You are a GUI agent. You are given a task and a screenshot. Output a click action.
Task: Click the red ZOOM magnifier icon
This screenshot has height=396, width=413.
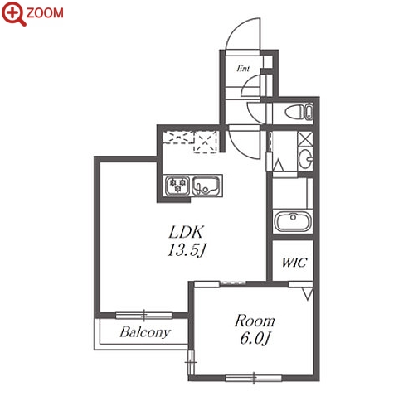coord(13,13)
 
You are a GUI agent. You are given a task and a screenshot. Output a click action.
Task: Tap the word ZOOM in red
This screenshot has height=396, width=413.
coord(45,13)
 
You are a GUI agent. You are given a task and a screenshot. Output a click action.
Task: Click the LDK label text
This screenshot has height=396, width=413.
coord(187,232)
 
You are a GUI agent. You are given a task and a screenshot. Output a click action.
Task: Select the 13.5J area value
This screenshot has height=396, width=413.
coord(187,251)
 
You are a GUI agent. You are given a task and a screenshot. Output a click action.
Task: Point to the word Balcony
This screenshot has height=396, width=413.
coord(145,332)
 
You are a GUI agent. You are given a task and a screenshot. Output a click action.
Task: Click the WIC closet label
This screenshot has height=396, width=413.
coord(294,262)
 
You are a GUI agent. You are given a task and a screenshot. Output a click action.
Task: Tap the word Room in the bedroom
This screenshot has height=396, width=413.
coord(255,321)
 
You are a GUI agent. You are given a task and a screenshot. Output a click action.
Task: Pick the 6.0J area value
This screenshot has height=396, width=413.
coord(255,338)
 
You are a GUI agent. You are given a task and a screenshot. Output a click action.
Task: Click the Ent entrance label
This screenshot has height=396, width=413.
coord(243,68)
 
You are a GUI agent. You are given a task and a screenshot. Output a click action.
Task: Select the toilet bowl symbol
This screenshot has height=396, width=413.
coord(294,112)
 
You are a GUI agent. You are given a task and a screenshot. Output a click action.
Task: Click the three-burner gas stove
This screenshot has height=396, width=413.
coord(177,186)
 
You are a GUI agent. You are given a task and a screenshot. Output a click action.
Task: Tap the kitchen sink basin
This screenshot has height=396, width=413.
coord(206,186)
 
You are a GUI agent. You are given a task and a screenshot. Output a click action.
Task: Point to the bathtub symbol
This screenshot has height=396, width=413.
coord(293,221)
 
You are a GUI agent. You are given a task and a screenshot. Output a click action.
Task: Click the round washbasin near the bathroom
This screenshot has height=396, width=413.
coord(305,159)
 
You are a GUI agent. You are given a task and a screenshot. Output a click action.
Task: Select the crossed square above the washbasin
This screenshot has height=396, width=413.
coord(305,139)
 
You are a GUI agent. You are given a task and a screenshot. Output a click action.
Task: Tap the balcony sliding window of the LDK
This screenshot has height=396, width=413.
coord(143,316)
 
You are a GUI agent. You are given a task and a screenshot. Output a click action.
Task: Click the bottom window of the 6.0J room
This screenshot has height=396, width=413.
coord(254,378)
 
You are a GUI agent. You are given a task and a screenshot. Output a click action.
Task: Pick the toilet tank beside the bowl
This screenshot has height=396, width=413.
coord(309,112)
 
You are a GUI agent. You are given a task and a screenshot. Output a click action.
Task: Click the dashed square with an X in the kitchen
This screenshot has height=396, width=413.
coord(205,142)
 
